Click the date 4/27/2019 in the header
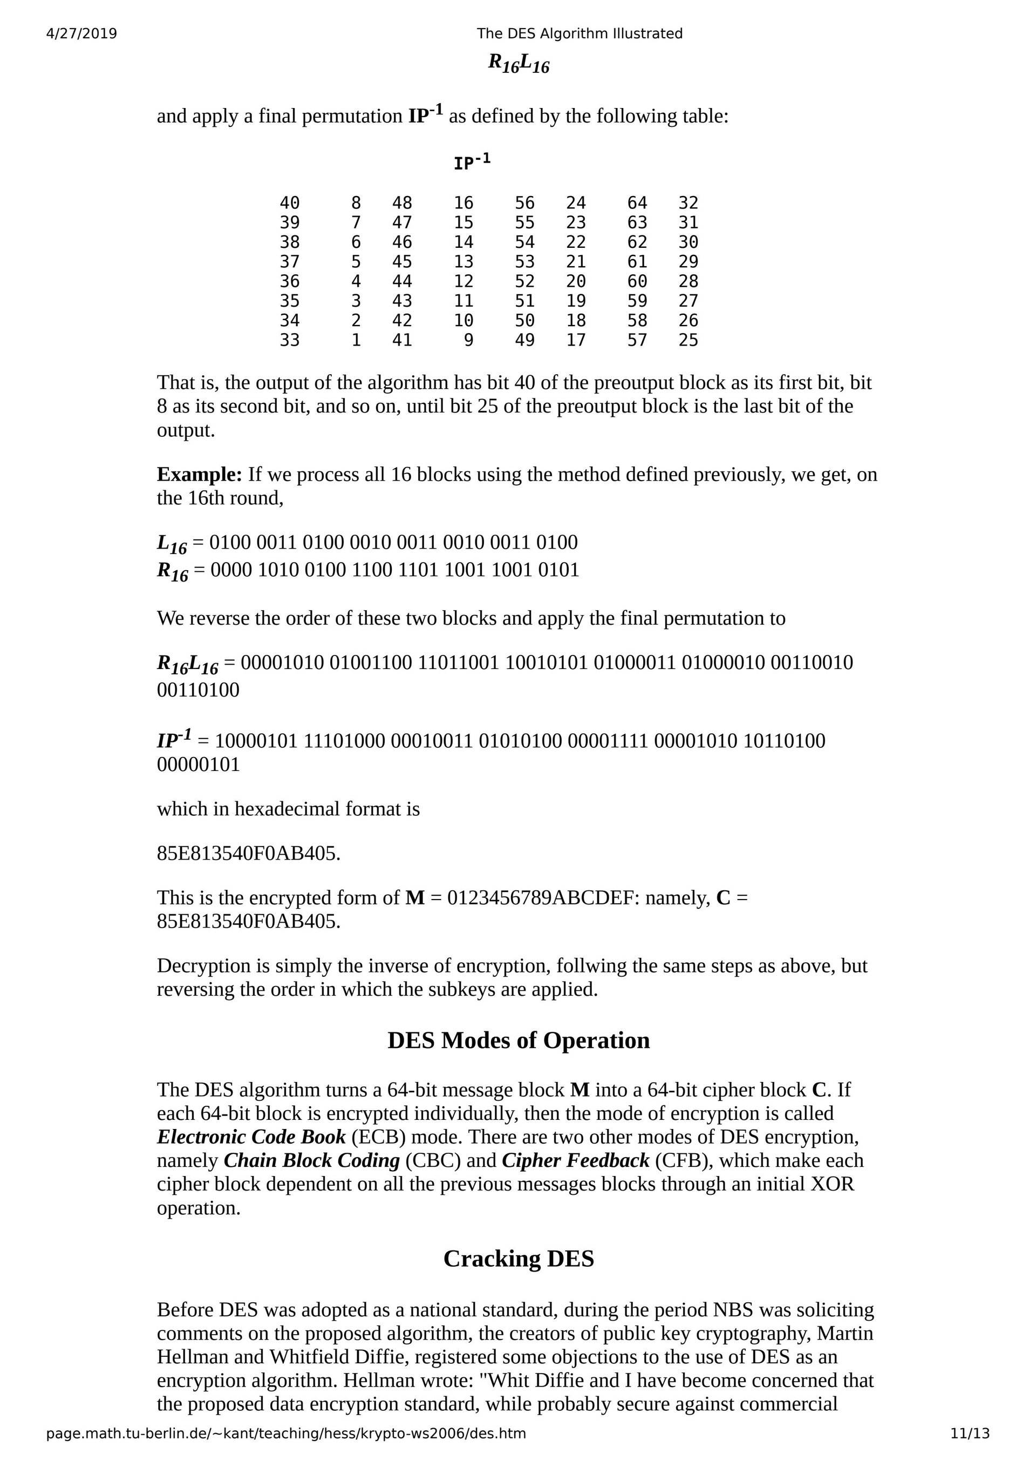click(82, 33)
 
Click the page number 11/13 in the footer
click(970, 1433)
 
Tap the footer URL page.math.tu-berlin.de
click(285, 1433)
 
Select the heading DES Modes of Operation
click(518, 1040)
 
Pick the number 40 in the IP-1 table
click(289, 202)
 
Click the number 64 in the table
click(637, 202)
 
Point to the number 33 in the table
click(289, 340)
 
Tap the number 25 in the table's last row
click(688, 340)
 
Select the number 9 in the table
click(468, 340)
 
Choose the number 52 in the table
click(524, 281)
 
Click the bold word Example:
click(199, 474)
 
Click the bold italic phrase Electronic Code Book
click(251, 1137)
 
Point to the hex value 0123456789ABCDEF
click(543, 898)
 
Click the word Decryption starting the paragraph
click(203, 965)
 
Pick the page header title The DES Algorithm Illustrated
click(580, 33)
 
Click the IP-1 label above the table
click(472, 163)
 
